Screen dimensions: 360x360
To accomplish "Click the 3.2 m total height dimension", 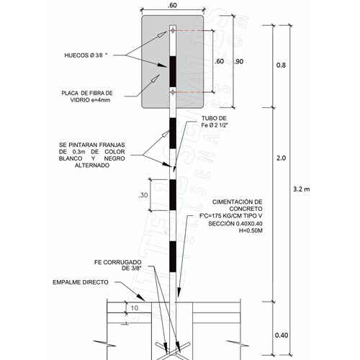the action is click(302, 189).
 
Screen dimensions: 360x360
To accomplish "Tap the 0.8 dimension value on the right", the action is click(281, 65).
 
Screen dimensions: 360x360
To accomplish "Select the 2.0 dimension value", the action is click(281, 158).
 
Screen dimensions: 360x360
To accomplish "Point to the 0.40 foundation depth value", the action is click(282, 335).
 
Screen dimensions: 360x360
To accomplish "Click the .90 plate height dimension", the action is click(239, 62).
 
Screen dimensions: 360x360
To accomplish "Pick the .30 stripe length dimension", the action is click(143, 195).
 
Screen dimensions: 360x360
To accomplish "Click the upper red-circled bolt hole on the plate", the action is click(173, 30).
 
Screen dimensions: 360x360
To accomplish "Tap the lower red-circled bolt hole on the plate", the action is click(173, 92).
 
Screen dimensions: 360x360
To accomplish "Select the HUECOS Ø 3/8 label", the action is click(86, 55).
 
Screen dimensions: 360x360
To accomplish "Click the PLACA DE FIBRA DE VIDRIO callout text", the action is click(87, 96).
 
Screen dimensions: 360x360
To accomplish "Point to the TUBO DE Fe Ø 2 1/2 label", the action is click(214, 122).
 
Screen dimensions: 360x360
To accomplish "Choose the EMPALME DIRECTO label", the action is click(81, 282).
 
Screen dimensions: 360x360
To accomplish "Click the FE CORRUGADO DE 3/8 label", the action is click(118, 265).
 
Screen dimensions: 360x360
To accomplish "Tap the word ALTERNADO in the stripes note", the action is click(92, 166).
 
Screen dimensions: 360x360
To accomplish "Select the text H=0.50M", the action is click(251, 230).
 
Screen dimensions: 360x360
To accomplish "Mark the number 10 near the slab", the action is click(135, 307).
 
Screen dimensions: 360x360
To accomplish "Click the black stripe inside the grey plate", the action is click(173, 71).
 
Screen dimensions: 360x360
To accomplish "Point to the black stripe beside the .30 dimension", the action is click(173, 195).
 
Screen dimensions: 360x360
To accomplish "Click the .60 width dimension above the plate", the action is click(172, 5).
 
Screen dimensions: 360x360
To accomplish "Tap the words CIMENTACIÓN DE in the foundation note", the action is click(238, 202).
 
